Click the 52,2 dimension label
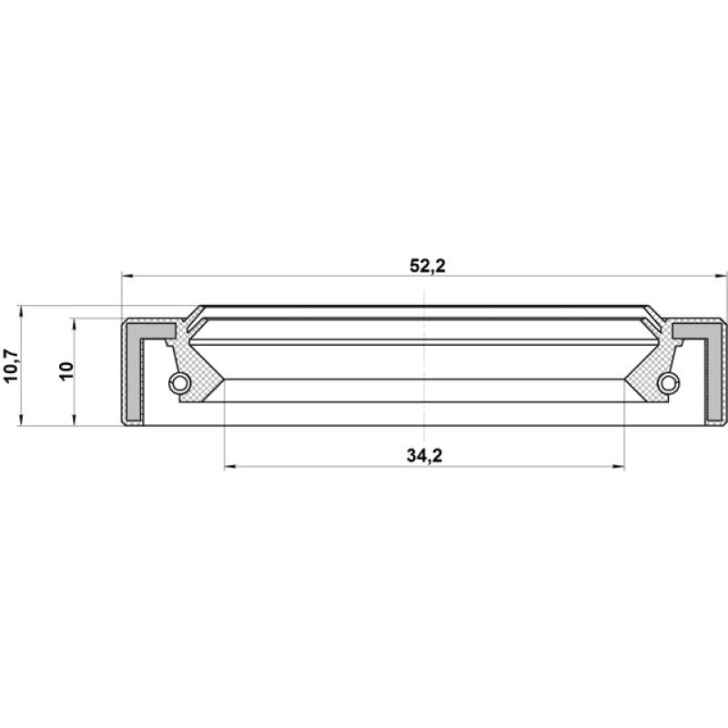[427, 266]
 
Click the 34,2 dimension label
[424, 456]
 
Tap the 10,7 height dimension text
[11, 366]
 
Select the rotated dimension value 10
[66, 371]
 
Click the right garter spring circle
[668, 382]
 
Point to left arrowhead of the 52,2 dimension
[127, 276]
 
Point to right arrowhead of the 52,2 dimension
[721, 276]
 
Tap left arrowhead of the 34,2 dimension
[230, 466]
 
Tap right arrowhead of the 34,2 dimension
[619, 466]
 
